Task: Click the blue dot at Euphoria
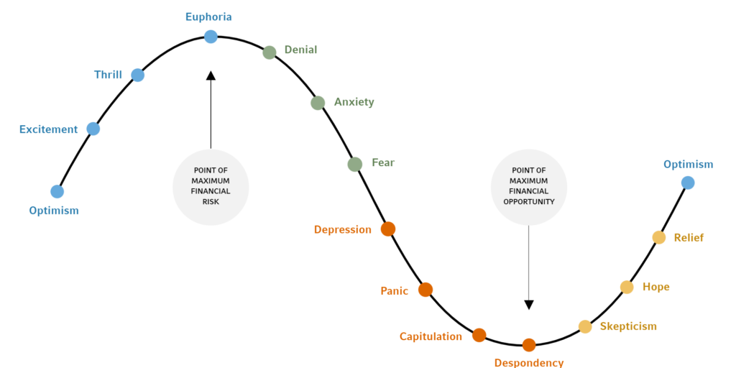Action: tap(211, 37)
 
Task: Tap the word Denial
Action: tap(301, 50)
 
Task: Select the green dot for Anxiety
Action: tap(318, 103)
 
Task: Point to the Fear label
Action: tap(384, 163)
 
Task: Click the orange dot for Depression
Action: tap(388, 229)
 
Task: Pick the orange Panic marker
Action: tap(425, 290)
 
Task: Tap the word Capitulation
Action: tap(431, 336)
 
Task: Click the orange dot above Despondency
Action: tap(529, 345)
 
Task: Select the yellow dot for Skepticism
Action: tap(585, 327)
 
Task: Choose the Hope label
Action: tap(655, 287)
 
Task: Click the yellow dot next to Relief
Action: tap(659, 237)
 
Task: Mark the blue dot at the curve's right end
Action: tap(688, 183)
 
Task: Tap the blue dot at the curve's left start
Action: tap(57, 191)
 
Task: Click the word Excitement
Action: tap(49, 129)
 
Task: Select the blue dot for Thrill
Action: tap(137, 75)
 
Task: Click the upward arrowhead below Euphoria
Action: tap(211, 75)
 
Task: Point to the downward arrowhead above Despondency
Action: tap(529, 305)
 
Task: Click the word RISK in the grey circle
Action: tap(211, 202)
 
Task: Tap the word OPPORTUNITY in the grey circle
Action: tap(529, 201)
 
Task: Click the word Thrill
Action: tap(108, 75)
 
